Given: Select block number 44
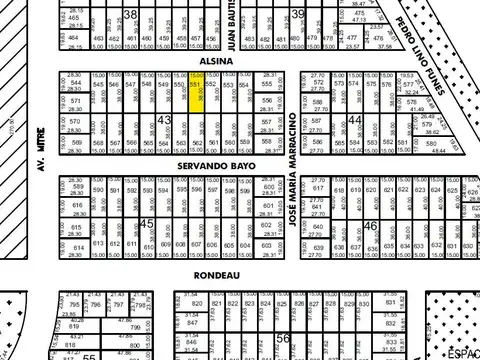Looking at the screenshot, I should (x=355, y=119).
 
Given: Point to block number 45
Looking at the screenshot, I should (x=146, y=224).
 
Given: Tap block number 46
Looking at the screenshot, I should (x=370, y=226).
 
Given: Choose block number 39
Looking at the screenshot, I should (x=298, y=13).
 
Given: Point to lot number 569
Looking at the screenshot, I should (x=75, y=143).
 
